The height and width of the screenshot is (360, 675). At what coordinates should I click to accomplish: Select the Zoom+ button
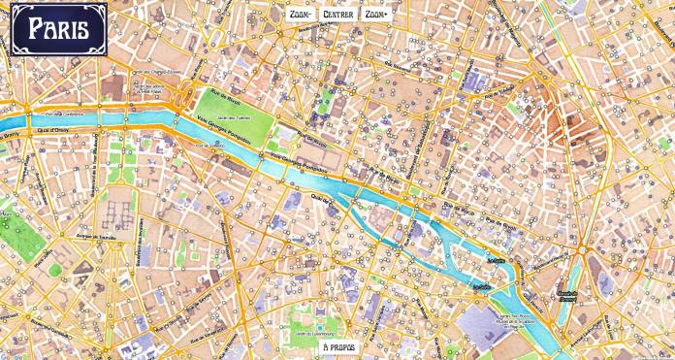[374, 15]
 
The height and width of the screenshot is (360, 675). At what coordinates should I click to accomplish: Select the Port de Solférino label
[211, 147]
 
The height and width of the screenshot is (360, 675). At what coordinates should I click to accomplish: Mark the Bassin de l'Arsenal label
[567, 292]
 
